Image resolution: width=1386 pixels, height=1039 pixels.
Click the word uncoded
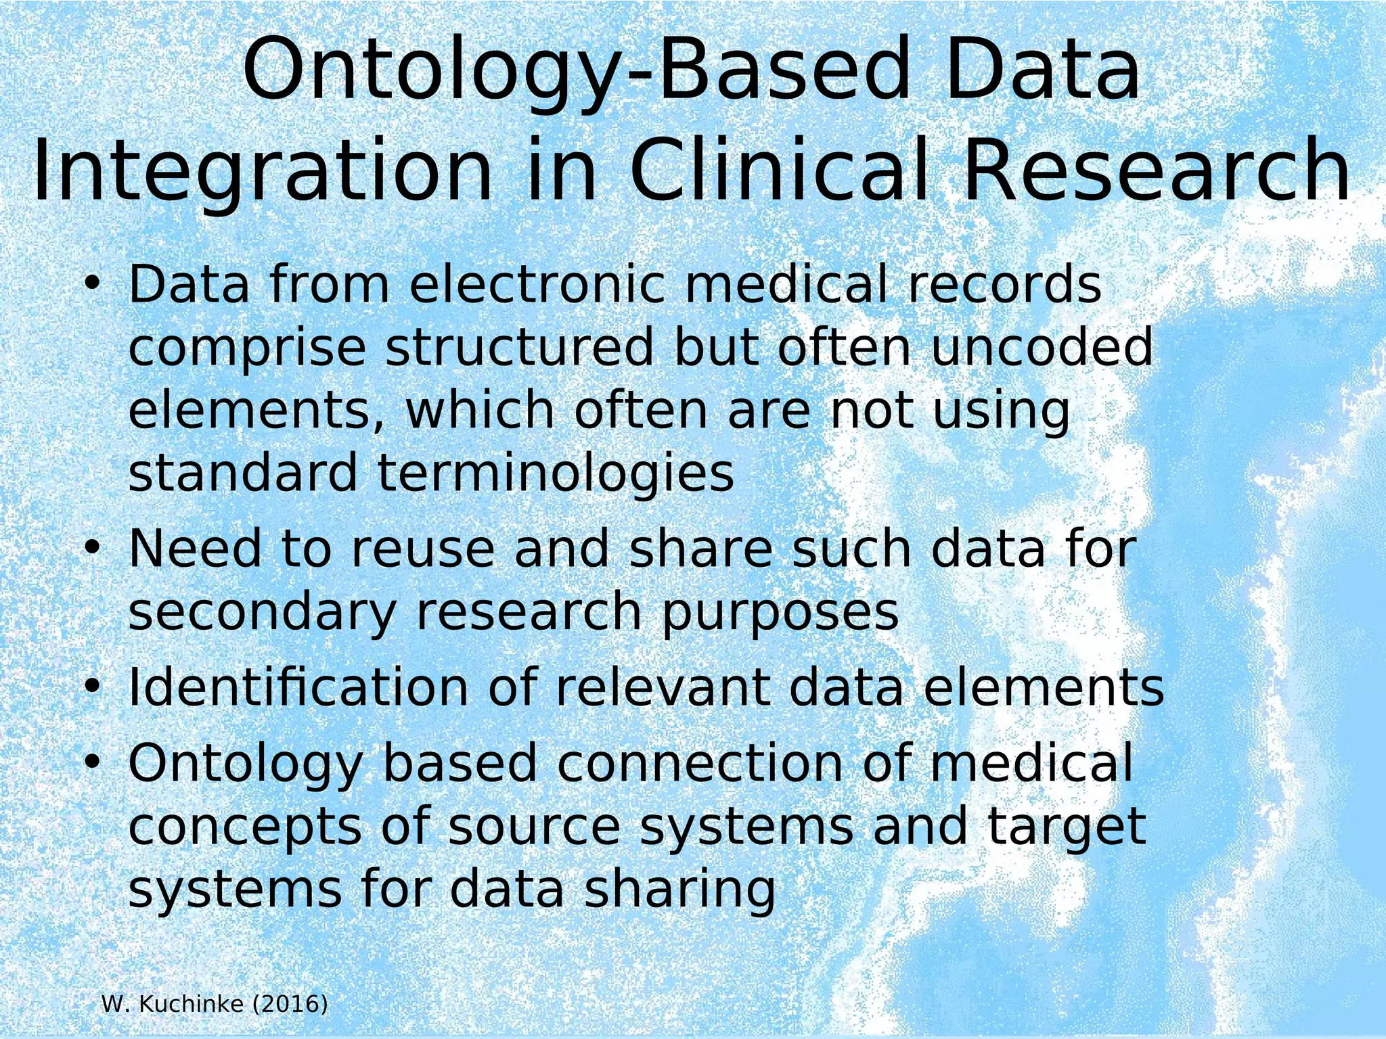tap(1042, 348)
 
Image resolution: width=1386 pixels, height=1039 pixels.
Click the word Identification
tap(298, 687)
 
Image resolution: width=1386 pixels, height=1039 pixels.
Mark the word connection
tap(700, 763)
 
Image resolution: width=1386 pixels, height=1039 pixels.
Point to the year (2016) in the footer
tap(290, 1005)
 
